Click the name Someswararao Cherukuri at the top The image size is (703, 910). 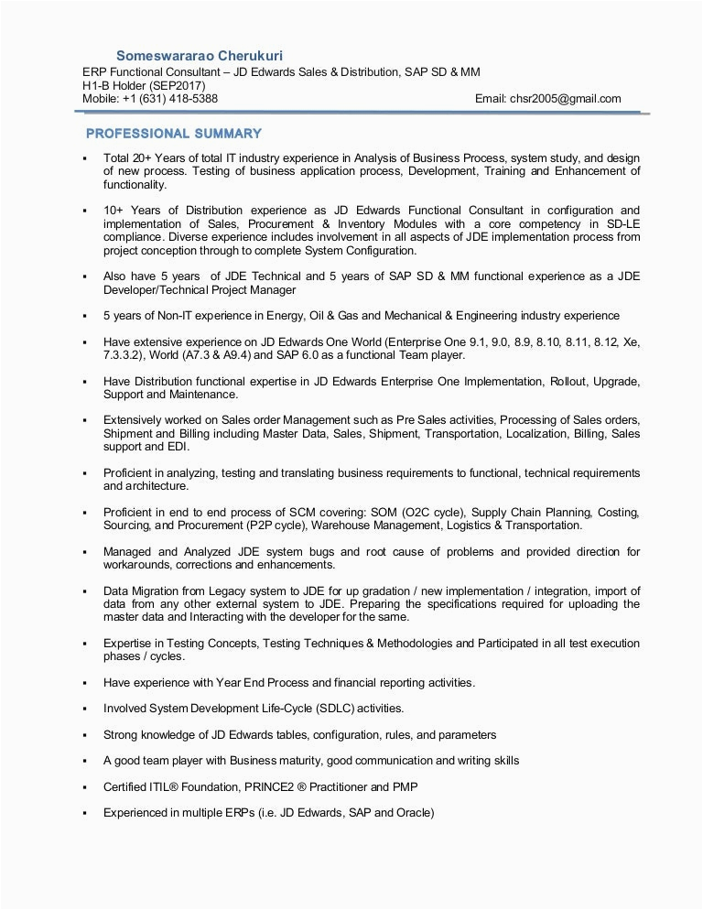tap(200, 56)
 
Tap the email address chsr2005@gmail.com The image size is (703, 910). tap(566, 99)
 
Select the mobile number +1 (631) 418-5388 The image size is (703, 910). tap(170, 99)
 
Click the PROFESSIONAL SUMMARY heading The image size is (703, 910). tap(174, 134)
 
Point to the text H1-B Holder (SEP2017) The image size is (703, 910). tap(144, 86)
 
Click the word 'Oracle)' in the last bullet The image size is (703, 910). tap(415, 813)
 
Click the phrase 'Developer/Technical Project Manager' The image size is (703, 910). tap(200, 289)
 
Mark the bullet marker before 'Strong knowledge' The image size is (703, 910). tap(84, 735)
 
